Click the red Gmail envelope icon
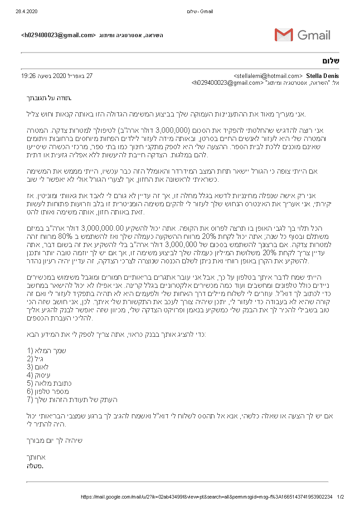coord(283,35)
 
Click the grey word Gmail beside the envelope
coord(314,35)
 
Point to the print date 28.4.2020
coord(24,11)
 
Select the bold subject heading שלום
coord(331,61)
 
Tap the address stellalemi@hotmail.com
coord(268,76)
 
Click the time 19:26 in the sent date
coord(29,76)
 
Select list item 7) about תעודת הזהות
coord(72,399)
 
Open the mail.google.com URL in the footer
coord(206,497)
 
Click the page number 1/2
coord(341,497)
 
